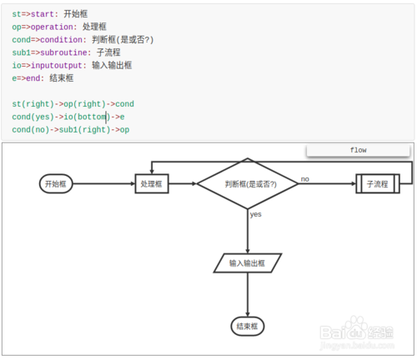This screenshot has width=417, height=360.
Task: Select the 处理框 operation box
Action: (x=152, y=184)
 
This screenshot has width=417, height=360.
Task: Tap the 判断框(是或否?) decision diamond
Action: (x=248, y=183)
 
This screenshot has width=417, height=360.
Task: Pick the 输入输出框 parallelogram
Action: (x=248, y=262)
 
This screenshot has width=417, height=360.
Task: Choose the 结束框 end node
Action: (x=248, y=326)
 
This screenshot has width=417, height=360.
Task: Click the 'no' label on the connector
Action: (x=305, y=178)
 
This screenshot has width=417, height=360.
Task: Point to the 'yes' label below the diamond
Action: (x=255, y=214)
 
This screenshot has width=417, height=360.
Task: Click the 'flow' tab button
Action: (x=358, y=150)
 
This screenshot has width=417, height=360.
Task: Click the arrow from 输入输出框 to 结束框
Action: (x=248, y=293)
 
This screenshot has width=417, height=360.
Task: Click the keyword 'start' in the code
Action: (x=46, y=15)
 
